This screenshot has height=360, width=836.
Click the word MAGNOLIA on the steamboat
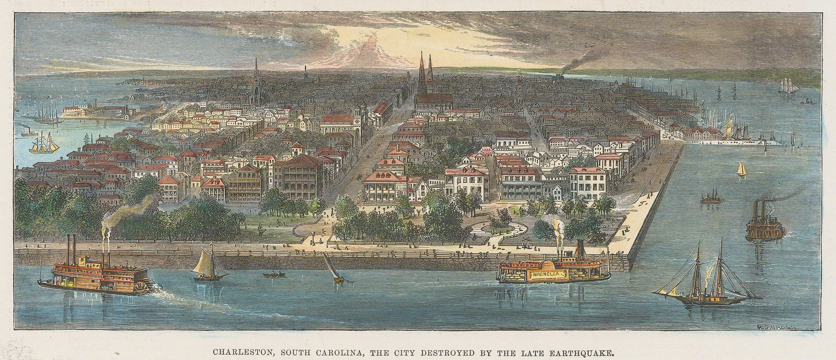coord(549,274)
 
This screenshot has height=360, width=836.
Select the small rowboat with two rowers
coord(271,274)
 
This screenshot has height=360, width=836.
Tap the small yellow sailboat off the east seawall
coord(741,169)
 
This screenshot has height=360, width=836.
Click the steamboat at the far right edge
coord(765,222)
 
